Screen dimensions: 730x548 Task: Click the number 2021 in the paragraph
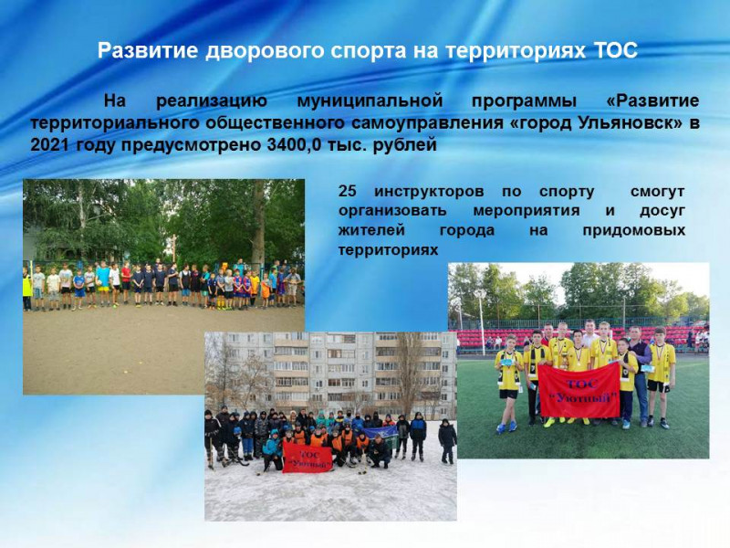pyautogui.click(x=50, y=145)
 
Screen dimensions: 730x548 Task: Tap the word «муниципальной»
pyautogui.click(x=370, y=101)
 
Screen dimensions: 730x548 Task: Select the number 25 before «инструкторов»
pyautogui.click(x=348, y=192)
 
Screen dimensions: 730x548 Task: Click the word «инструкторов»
pyautogui.click(x=429, y=192)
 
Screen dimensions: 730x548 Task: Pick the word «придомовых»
pyautogui.click(x=633, y=230)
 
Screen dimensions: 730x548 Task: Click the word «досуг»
pyautogui.click(x=662, y=211)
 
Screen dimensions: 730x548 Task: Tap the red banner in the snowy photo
pyautogui.click(x=308, y=458)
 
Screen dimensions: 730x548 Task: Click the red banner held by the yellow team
pyautogui.click(x=579, y=391)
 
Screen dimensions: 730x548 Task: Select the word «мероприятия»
pyautogui.click(x=527, y=211)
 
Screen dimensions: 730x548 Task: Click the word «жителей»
pyautogui.click(x=371, y=231)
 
